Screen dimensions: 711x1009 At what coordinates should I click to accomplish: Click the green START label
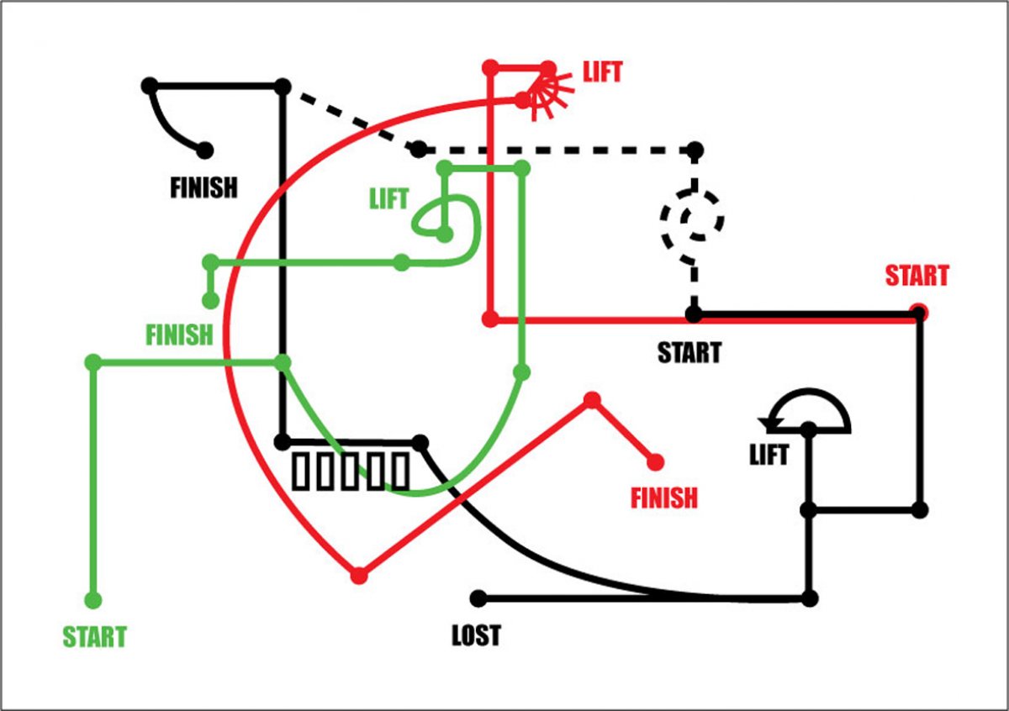[94, 637]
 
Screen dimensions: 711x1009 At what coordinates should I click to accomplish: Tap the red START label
[917, 276]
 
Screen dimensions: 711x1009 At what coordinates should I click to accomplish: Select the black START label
[689, 351]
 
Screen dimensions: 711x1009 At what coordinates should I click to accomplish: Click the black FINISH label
[203, 187]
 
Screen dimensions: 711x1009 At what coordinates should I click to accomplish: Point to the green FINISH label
[179, 334]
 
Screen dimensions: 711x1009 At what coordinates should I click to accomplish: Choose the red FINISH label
[664, 498]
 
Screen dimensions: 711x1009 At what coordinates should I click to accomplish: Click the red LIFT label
[603, 72]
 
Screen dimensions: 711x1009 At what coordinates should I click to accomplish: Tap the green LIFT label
[388, 199]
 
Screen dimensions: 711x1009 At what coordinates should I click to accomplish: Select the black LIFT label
[769, 456]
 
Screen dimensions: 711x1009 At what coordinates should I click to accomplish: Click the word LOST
[476, 635]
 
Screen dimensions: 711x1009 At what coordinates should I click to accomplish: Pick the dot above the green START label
[93, 600]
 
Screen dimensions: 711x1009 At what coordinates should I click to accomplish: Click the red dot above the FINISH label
[656, 461]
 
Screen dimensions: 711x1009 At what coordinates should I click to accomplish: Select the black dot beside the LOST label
[478, 598]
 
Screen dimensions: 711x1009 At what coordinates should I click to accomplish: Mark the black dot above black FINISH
[204, 150]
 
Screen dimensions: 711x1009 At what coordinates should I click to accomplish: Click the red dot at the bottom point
[359, 576]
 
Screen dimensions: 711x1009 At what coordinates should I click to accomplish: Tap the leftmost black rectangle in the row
[301, 471]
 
